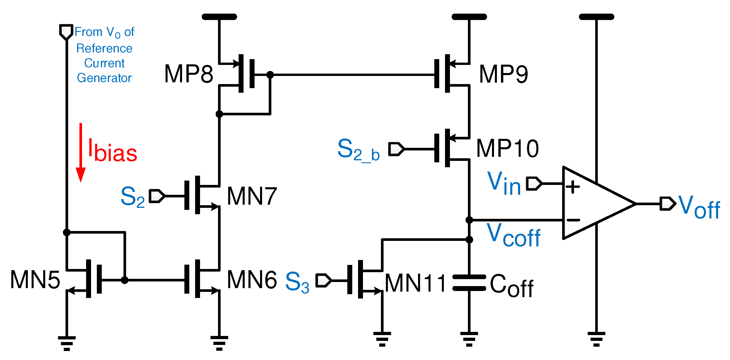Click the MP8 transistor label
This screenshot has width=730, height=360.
188,74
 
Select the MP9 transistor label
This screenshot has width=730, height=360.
504,74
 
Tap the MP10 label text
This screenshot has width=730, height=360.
507,148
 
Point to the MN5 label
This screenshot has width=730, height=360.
35,280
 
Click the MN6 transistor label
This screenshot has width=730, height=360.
252,280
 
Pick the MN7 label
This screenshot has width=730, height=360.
252,196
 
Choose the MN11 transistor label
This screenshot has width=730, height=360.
415,283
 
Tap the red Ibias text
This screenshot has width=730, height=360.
112,151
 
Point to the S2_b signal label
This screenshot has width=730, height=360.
358,150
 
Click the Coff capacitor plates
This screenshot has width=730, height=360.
469,283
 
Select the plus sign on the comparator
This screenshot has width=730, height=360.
573,187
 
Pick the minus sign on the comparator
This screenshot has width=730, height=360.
573,220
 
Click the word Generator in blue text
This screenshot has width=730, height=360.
104,78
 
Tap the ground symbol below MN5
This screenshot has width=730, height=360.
67,343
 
